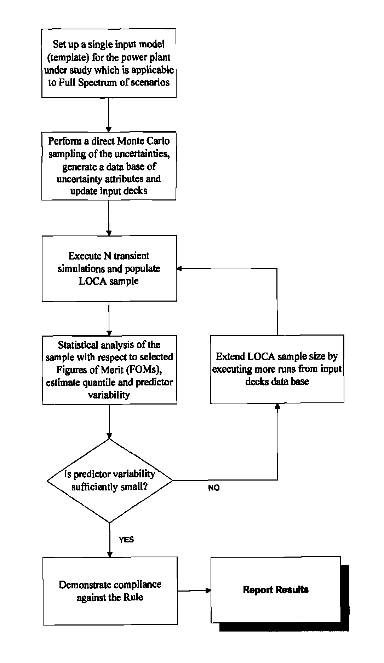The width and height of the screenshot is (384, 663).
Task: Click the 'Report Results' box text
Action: (276, 589)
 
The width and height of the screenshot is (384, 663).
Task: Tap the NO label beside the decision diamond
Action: (214, 488)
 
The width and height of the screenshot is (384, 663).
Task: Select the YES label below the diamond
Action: (126, 540)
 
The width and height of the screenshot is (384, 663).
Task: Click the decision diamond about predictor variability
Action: (110, 481)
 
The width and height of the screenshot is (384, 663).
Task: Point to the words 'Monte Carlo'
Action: (143, 141)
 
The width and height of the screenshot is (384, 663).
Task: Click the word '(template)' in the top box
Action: (69, 57)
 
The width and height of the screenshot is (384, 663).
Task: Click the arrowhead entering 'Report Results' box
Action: (208, 591)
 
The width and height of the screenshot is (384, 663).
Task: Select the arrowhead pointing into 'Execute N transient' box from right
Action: (179, 269)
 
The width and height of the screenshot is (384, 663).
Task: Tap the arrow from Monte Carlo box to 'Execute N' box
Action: (109, 218)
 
